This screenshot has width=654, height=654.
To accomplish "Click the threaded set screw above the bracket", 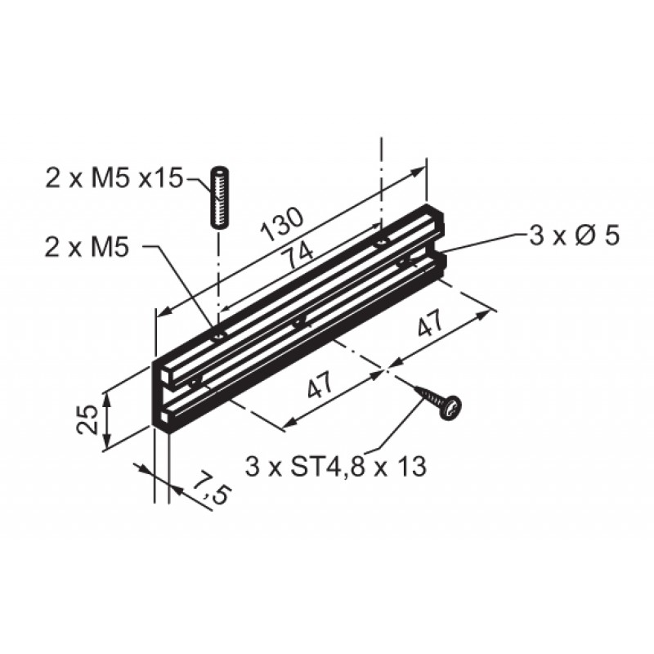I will pos(219,198).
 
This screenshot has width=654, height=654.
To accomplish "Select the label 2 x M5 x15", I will pos(114,179).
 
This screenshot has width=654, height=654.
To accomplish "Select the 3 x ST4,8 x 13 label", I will pos(336,467).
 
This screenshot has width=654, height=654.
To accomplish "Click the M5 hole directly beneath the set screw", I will pos(218,335).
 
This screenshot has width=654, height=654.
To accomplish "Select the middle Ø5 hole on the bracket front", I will pos(298,322).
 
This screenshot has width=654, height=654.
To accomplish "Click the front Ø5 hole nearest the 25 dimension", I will pos(194,380).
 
